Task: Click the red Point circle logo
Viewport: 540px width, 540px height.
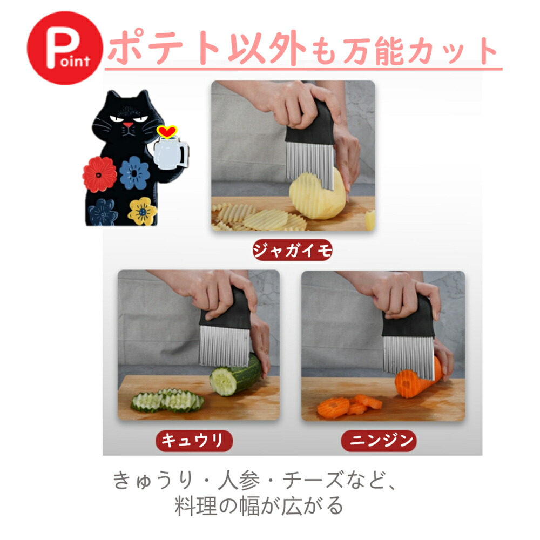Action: (65, 48)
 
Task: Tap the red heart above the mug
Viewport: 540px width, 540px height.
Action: (167, 132)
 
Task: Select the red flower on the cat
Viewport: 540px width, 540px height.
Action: (99, 174)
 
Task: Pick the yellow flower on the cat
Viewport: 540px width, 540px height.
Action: (142, 211)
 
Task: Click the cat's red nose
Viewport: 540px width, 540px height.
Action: (128, 125)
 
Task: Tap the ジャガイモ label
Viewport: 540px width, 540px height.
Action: (292, 250)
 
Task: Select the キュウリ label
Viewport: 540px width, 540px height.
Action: (194, 441)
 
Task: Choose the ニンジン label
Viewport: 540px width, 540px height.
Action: (379, 441)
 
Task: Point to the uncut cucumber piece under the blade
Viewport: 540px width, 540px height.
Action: (236, 375)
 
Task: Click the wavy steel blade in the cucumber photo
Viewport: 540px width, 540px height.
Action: (225, 346)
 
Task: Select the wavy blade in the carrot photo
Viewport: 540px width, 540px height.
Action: (408, 356)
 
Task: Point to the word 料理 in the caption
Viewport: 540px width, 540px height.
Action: (195, 505)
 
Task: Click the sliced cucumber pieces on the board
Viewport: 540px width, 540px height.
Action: (167, 401)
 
